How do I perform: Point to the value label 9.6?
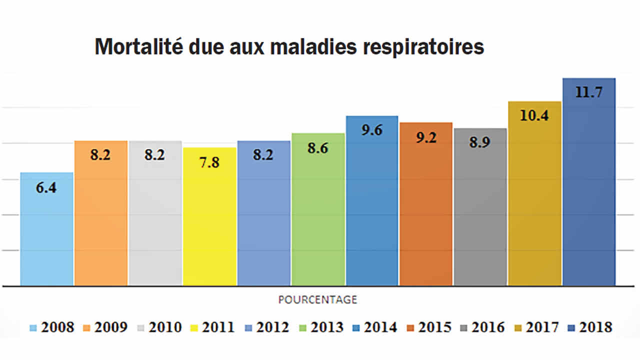click(372, 130)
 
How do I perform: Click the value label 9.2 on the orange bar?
click(426, 137)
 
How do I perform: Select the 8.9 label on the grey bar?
click(480, 143)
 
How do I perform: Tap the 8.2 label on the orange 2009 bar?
click(100, 155)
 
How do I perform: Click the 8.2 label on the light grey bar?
click(155, 155)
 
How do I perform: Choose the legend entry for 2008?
click(52, 327)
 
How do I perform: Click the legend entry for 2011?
click(212, 327)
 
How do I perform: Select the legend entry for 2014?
click(374, 327)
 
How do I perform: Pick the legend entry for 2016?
click(482, 327)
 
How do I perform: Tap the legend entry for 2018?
click(590, 327)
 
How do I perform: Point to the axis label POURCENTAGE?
click(317, 299)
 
